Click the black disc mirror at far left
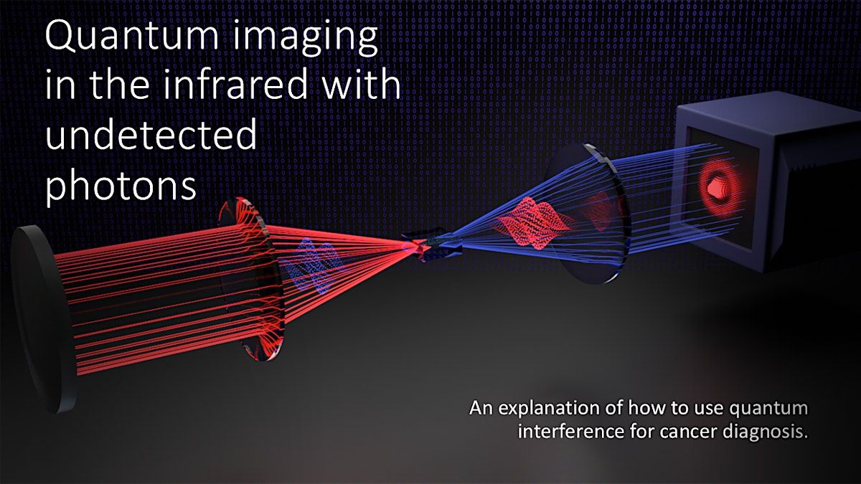pyautogui.click(x=42, y=319)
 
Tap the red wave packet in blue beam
pyautogui.click(x=535, y=223)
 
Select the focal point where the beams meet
pyautogui.click(x=416, y=247)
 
